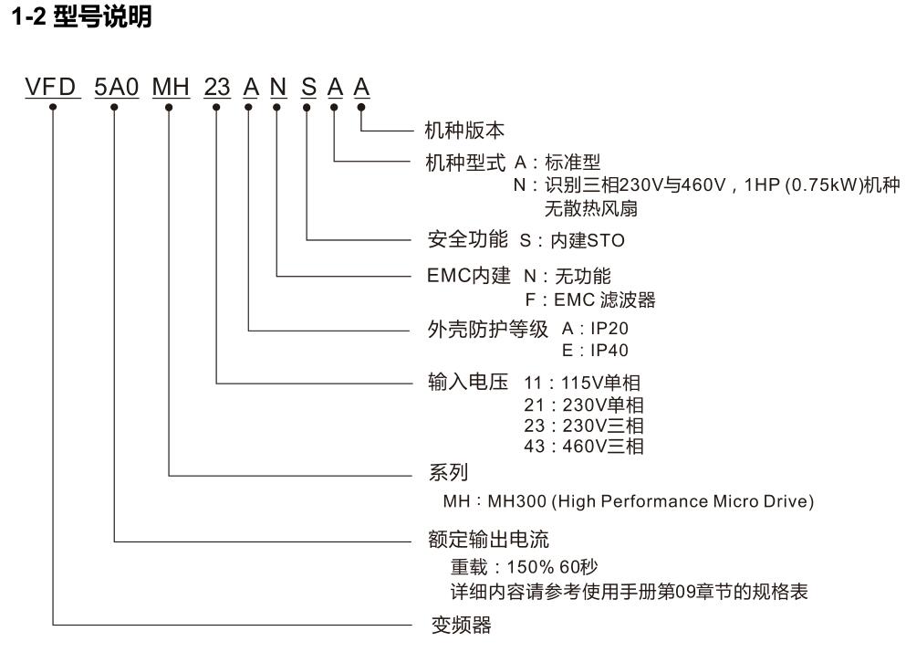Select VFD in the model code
click(x=52, y=88)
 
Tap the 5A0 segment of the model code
click(x=115, y=88)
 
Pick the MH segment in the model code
click(x=170, y=88)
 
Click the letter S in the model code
click(x=308, y=88)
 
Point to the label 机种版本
click(x=465, y=131)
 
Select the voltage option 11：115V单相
click(x=582, y=384)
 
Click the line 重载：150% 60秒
click(x=525, y=567)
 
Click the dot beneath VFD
click(x=54, y=106)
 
